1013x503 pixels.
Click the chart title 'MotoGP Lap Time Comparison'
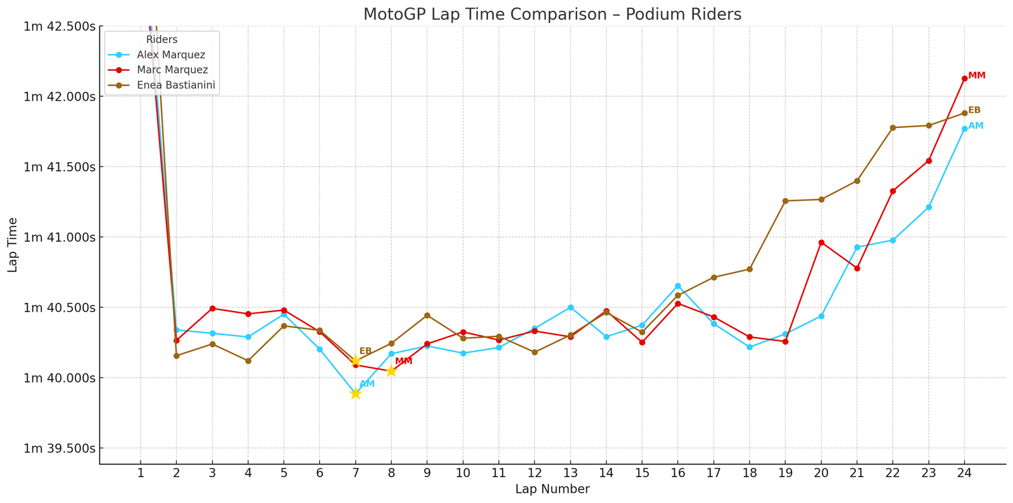point(552,14)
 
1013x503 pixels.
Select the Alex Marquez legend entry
point(171,55)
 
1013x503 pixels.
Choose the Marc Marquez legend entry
point(172,70)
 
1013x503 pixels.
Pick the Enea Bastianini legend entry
point(178,85)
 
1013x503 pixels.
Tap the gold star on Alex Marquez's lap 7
point(355,393)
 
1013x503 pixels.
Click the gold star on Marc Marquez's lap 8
point(391,371)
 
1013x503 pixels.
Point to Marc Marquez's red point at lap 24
point(964,79)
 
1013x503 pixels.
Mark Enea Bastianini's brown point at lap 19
point(785,201)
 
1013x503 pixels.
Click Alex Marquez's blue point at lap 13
point(570,307)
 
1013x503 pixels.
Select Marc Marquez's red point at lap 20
point(821,243)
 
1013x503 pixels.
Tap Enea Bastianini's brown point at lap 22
point(893,127)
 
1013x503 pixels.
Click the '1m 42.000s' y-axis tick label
point(60,96)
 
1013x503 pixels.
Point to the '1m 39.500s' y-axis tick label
point(60,448)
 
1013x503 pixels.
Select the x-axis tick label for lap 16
point(678,473)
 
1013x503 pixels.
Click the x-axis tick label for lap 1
point(141,473)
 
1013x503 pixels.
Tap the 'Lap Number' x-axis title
point(552,489)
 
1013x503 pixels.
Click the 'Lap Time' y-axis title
point(13,245)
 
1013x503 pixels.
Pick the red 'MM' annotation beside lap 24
point(977,75)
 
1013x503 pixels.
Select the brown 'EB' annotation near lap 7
point(365,351)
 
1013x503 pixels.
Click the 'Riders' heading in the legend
point(161,39)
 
